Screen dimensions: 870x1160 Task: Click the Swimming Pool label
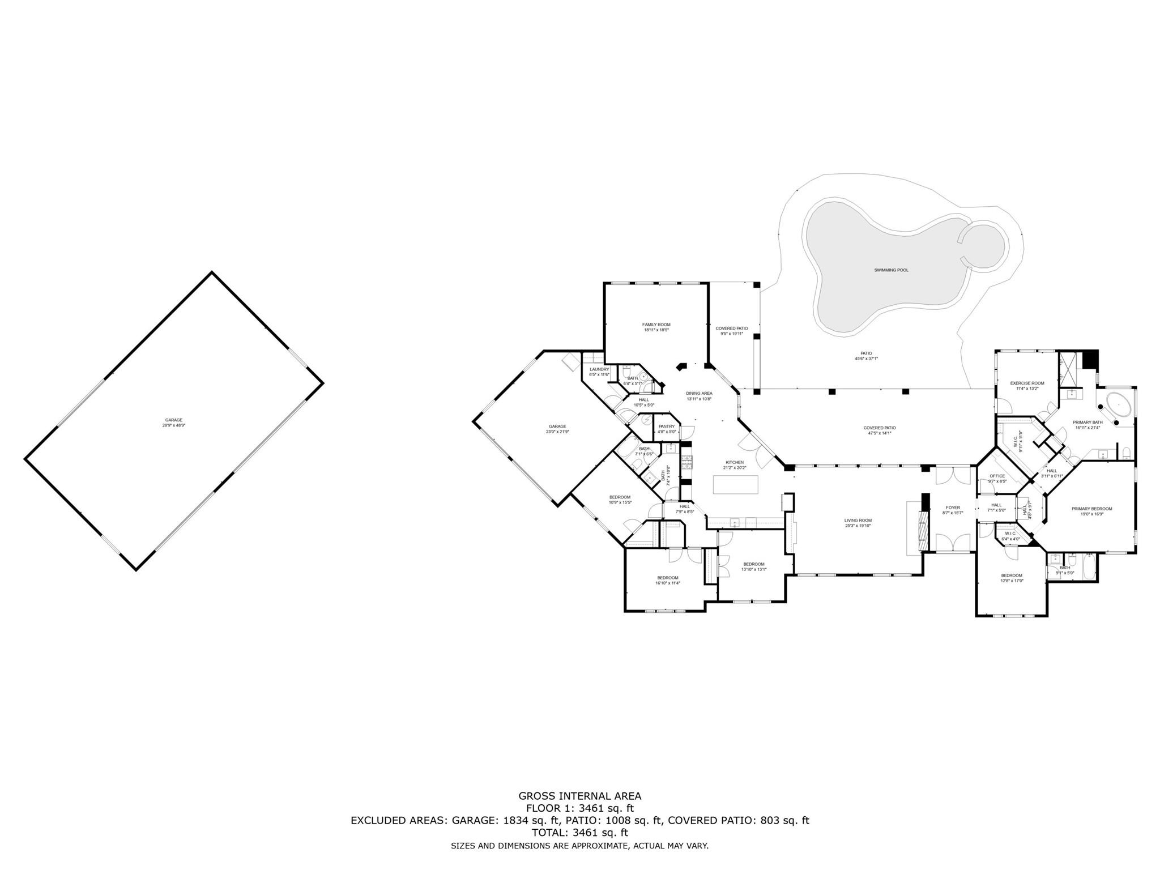click(x=891, y=270)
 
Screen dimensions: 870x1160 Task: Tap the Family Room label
click(x=656, y=325)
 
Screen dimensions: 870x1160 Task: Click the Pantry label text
click(x=667, y=427)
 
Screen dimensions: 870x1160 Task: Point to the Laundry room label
click(x=599, y=369)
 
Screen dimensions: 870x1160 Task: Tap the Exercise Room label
click(x=1027, y=383)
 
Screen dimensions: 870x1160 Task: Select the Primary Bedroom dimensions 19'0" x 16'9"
click(x=1091, y=514)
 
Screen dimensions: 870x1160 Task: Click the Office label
click(x=997, y=476)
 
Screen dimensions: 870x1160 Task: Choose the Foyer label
click(x=953, y=507)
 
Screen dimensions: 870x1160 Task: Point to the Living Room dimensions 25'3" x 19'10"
click(x=858, y=526)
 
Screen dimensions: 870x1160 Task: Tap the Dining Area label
click(x=699, y=393)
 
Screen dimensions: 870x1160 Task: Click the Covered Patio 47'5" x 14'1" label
click(x=879, y=428)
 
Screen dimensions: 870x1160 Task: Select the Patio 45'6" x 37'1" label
click(x=866, y=353)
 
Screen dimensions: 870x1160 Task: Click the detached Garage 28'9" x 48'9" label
click(x=174, y=420)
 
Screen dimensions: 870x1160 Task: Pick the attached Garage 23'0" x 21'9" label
click(x=557, y=427)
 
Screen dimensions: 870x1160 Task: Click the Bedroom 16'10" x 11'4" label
click(x=667, y=578)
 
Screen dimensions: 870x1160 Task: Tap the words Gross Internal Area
click(x=579, y=796)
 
